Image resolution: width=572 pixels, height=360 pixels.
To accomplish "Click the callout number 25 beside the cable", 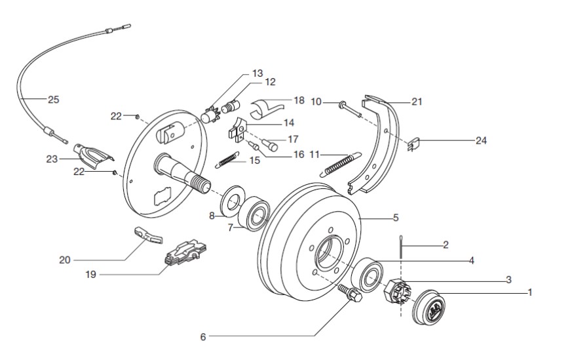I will [53, 100].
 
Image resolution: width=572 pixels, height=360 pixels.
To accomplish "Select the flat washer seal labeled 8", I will [232, 202].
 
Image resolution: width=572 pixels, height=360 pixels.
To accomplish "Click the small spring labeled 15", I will [227, 158].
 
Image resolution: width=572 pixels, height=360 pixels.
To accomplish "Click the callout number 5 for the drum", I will [396, 217].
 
